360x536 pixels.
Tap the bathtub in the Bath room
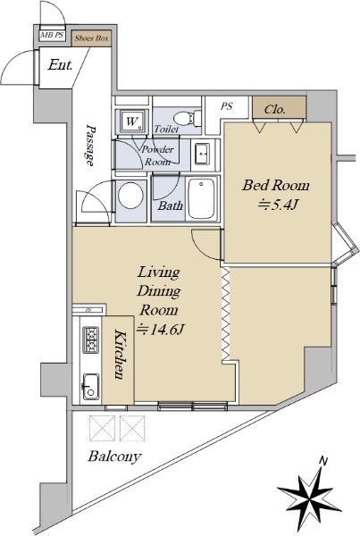(202, 198)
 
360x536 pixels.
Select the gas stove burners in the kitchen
(91, 339)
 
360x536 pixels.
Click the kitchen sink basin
(91, 386)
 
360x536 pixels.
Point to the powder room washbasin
(202, 154)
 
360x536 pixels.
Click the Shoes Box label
(92, 38)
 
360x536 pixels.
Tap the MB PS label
(53, 35)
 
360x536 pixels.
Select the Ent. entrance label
(60, 64)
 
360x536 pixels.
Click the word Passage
(90, 145)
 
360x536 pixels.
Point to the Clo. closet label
(275, 109)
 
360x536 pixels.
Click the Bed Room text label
(275, 185)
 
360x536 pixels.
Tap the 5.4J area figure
(279, 205)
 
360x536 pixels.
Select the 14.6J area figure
(160, 329)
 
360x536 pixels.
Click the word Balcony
(114, 456)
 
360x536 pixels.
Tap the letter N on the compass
(322, 461)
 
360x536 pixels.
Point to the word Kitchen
(119, 354)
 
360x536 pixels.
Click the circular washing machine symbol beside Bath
(130, 197)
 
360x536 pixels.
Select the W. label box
(131, 121)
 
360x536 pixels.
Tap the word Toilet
(166, 129)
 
